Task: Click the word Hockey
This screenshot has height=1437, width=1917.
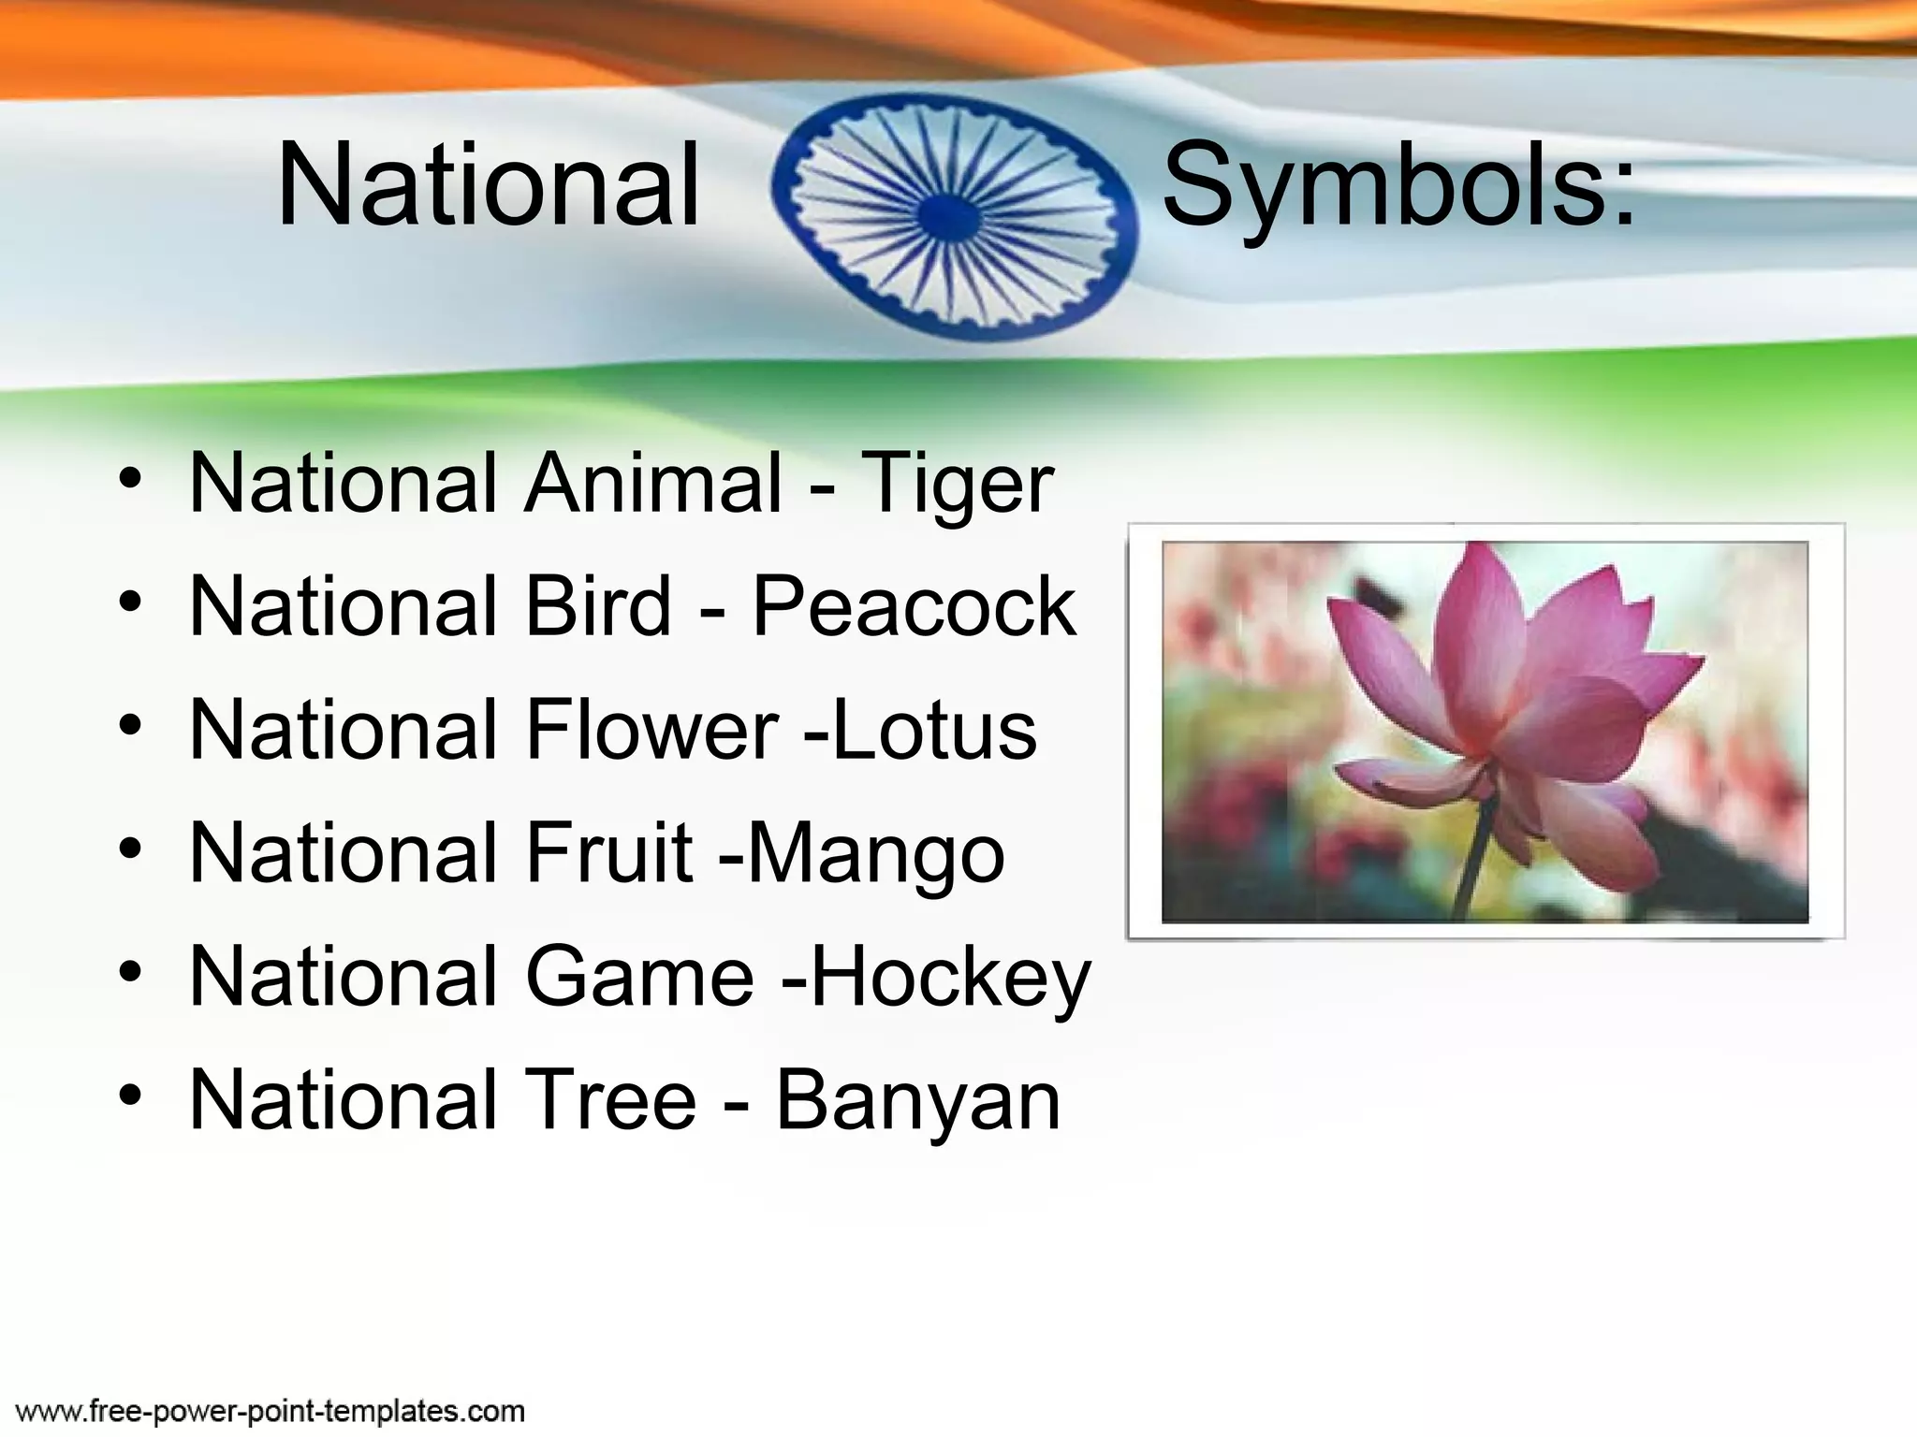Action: pyautogui.click(x=951, y=979)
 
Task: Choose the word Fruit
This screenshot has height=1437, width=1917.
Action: pyautogui.click(x=609, y=853)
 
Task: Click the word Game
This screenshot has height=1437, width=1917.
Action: pyautogui.click(x=639, y=977)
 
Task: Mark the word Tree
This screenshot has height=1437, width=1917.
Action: pyautogui.click(x=610, y=1100)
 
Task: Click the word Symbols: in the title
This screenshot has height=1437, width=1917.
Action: pyautogui.click(x=1398, y=185)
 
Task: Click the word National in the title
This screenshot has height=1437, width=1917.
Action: pyautogui.click(x=488, y=185)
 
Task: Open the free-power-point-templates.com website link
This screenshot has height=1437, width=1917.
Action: pyautogui.click(x=271, y=1411)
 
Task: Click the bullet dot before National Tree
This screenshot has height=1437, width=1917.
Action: pyautogui.click(x=131, y=1095)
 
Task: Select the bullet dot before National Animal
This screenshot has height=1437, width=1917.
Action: pyautogui.click(x=131, y=477)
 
